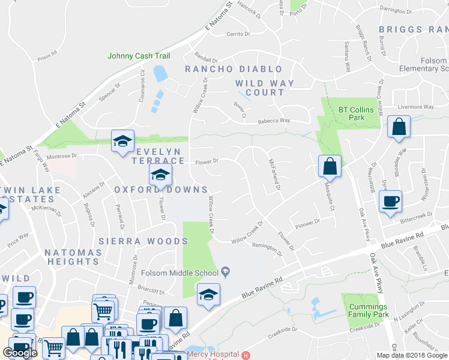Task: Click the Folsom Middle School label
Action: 179,273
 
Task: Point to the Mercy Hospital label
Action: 213,355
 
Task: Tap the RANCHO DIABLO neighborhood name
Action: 234,70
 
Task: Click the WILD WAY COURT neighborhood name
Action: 265,88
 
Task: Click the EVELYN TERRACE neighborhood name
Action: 160,157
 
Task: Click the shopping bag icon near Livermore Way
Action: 399,127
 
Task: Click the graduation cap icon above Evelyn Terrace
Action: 122,141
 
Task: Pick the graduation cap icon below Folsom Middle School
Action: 208,295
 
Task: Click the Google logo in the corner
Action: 21,353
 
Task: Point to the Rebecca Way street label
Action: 274,121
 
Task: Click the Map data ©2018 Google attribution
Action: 412,355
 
